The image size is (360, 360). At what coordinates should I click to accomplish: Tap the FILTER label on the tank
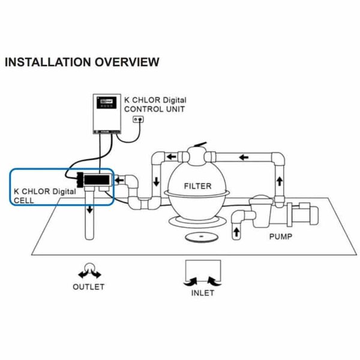click(197, 186)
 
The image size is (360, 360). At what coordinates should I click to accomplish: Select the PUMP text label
click(280, 236)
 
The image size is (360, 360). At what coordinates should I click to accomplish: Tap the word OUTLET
click(88, 287)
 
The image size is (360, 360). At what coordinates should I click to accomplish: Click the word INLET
click(202, 294)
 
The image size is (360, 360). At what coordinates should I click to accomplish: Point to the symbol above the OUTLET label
click(88, 269)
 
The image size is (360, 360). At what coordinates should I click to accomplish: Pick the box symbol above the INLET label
click(202, 271)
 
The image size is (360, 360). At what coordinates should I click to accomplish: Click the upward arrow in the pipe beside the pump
click(236, 232)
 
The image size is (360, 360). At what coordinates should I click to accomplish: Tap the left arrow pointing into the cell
click(120, 178)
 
